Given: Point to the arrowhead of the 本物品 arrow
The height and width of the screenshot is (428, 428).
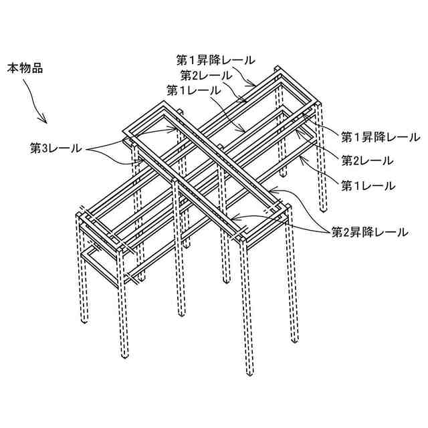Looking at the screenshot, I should pyautogui.click(x=45, y=122).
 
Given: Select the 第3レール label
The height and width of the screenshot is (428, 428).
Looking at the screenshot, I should pyautogui.click(x=56, y=148).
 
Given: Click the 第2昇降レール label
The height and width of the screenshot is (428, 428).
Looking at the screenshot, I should pyautogui.click(x=369, y=232).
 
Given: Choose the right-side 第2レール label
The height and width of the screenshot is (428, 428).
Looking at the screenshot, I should pyautogui.click(x=367, y=160).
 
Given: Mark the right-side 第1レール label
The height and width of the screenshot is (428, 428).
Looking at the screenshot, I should pyautogui.click(x=367, y=184).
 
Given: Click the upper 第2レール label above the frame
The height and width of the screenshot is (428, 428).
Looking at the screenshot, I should pyautogui.click(x=206, y=74).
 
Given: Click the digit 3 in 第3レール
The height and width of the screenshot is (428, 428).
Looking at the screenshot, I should pyautogui.click(x=45, y=148).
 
